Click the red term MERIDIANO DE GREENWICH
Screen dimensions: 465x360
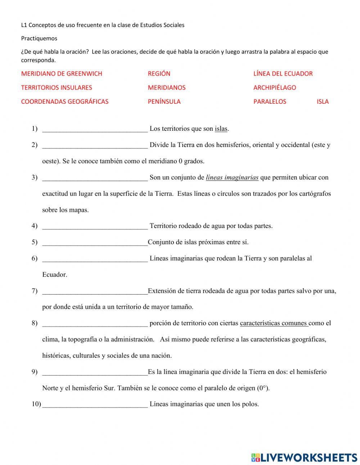[62, 74]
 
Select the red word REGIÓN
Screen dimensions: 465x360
[159, 74]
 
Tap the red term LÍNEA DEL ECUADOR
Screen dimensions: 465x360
[283, 74]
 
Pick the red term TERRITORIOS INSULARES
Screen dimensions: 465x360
[57, 88]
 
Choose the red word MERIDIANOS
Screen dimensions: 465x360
[166, 88]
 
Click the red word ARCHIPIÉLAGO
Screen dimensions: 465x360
[274, 88]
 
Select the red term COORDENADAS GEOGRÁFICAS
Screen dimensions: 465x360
[65, 102]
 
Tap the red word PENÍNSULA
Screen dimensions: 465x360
[164, 102]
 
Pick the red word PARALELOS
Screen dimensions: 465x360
[270, 102]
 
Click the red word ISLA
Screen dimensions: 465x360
[323, 102]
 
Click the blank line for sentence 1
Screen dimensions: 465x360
[95, 129]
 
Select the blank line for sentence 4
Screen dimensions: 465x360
[95, 227]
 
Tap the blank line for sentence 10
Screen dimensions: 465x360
[95, 405]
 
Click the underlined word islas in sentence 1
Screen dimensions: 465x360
[221, 129]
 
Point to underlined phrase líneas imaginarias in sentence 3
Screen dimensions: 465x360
[232, 178]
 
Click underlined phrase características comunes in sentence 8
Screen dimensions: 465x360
[273, 323]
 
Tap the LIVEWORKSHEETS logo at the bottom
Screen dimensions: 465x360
[304, 457]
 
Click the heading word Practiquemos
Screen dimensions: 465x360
[39, 38]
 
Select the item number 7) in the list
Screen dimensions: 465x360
[35, 291]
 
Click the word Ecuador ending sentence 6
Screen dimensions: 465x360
[55, 275]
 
